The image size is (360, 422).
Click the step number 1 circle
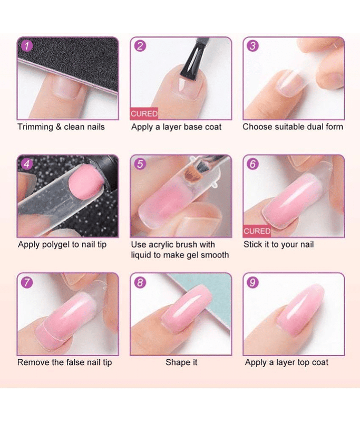point(27,45)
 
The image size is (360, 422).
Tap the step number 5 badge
point(140,164)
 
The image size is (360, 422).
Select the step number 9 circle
point(252,282)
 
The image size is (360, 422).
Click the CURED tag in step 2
point(144,113)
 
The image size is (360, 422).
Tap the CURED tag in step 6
point(257,231)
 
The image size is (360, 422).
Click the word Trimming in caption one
point(35,127)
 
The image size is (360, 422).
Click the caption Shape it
point(181,362)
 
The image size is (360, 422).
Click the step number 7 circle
point(27,282)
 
